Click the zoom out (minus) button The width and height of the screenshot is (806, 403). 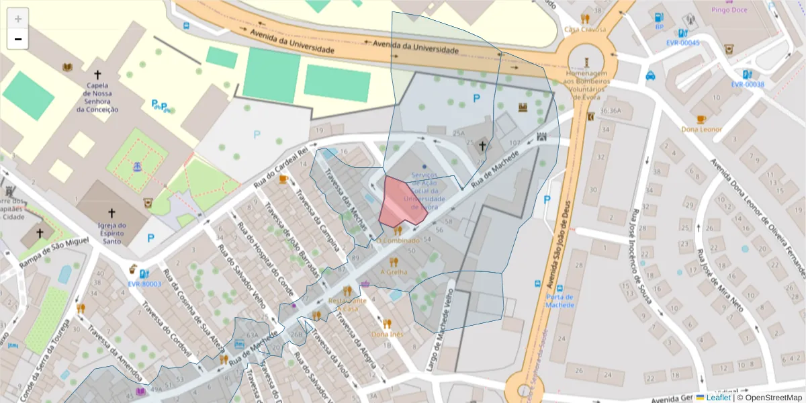pyautogui.click(x=17, y=39)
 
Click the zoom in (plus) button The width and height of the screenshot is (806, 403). pyautogui.click(x=17, y=18)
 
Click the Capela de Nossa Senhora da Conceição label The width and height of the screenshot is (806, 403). pyautogui.click(x=97, y=97)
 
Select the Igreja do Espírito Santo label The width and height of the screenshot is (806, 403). pyautogui.click(x=111, y=232)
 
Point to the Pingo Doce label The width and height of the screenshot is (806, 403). pyautogui.click(x=730, y=10)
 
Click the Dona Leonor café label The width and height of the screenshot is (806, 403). pyautogui.click(x=701, y=129)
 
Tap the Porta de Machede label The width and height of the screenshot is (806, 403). pyautogui.click(x=559, y=300)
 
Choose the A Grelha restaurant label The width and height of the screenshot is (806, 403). pyautogui.click(x=394, y=272)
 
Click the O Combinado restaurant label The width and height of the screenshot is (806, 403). pyautogui.click(x=398, y=240)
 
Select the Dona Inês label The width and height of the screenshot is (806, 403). pyautogui.click(x=387, y=333)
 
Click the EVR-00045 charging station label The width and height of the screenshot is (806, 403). pyautogui.click(x=682, y=42)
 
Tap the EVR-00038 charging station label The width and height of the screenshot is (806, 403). pyautogui.click(x=748, y=84)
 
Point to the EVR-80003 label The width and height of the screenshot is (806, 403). pyautogui.click(x=144, y=283)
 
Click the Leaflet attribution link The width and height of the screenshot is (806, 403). pyautogui.click(x=717, y=398)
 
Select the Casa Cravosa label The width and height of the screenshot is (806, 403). pyautogui.click(x=585, y=30)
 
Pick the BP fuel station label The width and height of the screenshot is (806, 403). pyautogui.click(x=659, y=27)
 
